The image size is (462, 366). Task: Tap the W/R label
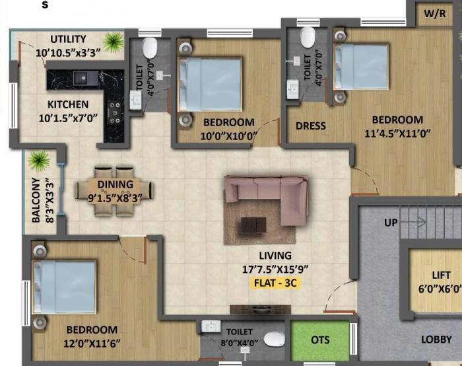[x=434, y=13]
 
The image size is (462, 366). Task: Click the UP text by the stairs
[x=391, y=223]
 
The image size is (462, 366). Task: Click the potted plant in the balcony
[x=40, y=161]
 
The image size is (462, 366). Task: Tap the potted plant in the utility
[x=113, y=42]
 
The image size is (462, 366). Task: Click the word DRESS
[x=310, y=126]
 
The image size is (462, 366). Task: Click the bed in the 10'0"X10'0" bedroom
[x=209, y=86]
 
